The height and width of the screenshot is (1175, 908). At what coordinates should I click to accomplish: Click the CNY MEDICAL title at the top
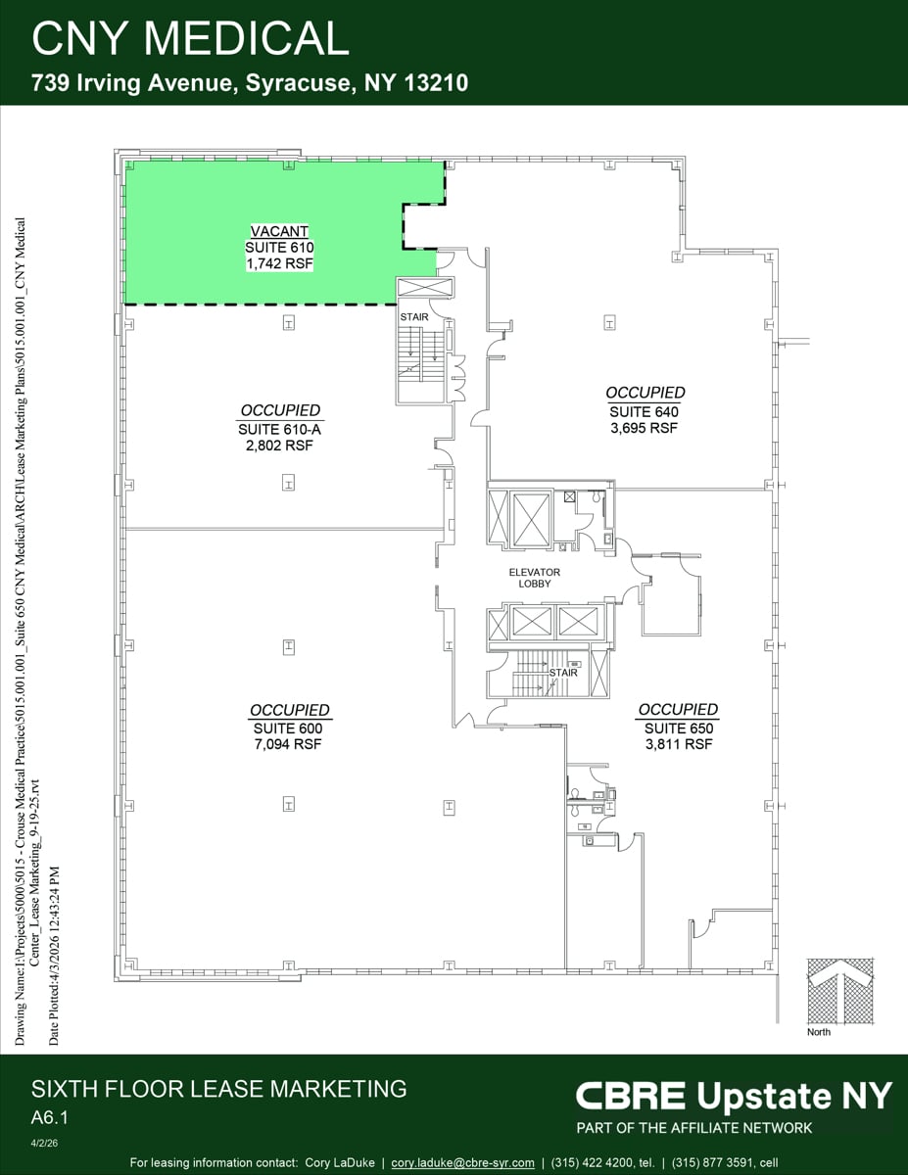(x=190, y=38)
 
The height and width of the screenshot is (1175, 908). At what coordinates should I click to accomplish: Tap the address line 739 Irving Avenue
(x=250, y=84)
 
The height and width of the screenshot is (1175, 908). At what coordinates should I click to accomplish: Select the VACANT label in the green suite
(x=280, y=233)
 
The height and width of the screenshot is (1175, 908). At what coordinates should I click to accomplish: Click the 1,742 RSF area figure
(x=280, y=263)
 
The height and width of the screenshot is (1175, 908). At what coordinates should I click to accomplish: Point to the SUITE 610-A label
(x=280, y=430)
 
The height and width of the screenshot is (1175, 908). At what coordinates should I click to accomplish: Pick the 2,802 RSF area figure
(x=280, y=446)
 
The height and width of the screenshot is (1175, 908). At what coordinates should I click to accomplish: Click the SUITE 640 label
(x=644, y=412)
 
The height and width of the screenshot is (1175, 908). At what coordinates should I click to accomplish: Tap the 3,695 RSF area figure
(x=644, y=428)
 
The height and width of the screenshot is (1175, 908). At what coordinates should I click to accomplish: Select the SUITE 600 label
(x=288, y=728)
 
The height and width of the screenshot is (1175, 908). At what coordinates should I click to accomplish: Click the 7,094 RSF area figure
(x=288, y=744)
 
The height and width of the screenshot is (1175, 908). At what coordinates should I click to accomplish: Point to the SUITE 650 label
(x=678, y=728)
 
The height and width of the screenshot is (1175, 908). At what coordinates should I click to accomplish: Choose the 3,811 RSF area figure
(x=678, y=744)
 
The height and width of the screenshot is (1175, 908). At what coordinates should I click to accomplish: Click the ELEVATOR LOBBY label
(x=535, y=578)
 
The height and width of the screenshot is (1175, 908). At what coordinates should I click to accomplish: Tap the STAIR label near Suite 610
(x=413, y=317)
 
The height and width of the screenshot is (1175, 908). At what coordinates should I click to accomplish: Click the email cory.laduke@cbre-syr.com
(x=462, y=1162)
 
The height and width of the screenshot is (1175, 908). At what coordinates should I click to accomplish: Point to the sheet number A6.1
(x=53, y=1116)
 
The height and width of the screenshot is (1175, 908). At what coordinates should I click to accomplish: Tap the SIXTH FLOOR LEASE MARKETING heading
(x=218, y=1088)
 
